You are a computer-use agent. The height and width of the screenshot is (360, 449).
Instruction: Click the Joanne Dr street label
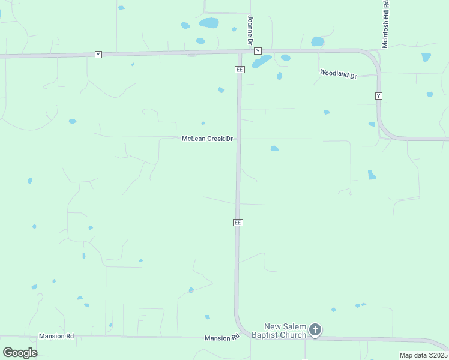click(249, 29)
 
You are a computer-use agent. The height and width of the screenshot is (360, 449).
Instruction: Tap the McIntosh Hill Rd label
click(386, 23)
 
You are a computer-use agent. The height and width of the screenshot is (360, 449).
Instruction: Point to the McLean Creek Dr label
click(207, 139)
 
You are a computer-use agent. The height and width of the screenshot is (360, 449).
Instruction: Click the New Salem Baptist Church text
click(279, 331)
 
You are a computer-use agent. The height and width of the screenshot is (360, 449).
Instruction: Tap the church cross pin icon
click(315, 329)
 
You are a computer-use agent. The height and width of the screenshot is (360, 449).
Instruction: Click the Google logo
click(20, 352)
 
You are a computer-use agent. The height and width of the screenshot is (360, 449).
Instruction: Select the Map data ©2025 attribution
click(423, 355)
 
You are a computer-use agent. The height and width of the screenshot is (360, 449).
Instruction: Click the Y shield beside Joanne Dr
click(258, 51)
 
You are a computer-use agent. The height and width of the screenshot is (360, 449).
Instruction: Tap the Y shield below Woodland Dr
click(379, 96)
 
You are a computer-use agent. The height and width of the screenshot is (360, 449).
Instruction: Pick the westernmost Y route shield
click(98, 55)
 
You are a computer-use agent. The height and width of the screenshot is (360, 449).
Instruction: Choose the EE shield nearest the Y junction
click(239, 70)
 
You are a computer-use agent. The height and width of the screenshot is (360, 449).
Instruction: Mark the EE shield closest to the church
click(238, 223)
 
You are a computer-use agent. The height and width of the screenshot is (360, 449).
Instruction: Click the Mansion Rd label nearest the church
click(217, 338)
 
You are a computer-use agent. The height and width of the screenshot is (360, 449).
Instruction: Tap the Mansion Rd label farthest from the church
click(56, 336)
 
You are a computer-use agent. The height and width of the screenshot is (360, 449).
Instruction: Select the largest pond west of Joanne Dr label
click(209, 23)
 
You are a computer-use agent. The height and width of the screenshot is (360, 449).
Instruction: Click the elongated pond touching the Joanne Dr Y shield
click(262, 61)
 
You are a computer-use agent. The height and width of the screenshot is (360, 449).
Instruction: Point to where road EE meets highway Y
click(239, 52)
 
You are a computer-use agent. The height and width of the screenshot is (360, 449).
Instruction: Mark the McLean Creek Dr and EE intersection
click(238, 139)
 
